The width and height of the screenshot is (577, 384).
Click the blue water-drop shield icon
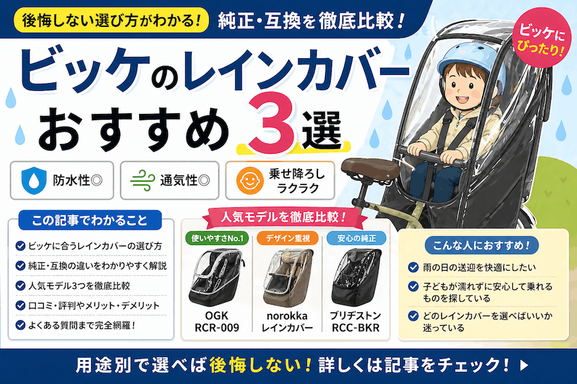pyautogui.click(x=34, y=180)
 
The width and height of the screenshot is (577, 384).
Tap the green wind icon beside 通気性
pyautogui.click(x=143, y=180)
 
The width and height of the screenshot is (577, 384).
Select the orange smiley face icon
pyautogui.click(x=250, y=180)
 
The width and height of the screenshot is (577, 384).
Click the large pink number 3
pyautogui.click(x=272, y=122)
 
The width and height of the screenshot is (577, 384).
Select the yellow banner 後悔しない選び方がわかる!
pyautogui.click(x=112, y=20)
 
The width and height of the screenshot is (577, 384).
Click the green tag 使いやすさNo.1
pyautogui.click(x=217, y=239)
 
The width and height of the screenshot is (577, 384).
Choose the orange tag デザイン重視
pyautogui.click(x=288, y=239)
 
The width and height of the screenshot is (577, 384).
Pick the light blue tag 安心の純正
pyautogui.click(x=356, y=239)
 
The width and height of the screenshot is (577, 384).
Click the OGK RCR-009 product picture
pyautogui.click(x=217, y=277)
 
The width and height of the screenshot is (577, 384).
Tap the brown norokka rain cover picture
pyautogui.click(x=288, y=277)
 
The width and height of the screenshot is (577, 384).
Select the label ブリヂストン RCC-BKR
pyautogui.click(x=355, y=321)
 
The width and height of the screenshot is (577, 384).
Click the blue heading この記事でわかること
pyautogui.click(x=90, y=220)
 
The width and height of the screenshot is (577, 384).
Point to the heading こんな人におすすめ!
pyautogui.click(x=481, y=245)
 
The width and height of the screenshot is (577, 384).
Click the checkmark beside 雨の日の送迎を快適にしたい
pyautogui.click(x=414, y=267)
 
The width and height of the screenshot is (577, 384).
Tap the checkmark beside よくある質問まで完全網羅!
pyautogui.click(x=21, y=325)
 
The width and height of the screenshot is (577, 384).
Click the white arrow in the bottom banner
pyautogui.click(x=524, y=365)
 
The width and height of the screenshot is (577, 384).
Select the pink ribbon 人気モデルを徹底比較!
pyautogui.click(x=284, y=217)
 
